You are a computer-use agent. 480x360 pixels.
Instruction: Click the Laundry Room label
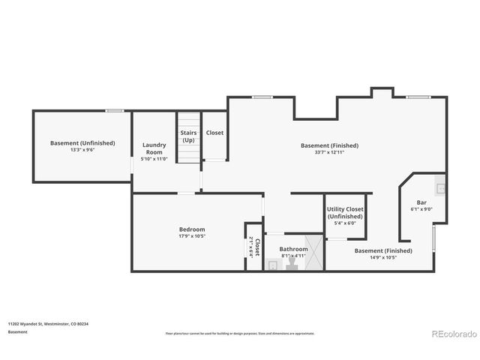click(x=154, y=148)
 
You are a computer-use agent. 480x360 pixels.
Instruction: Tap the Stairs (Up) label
click(x=188, y=136)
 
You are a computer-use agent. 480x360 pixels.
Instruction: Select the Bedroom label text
click(x=191, y=229)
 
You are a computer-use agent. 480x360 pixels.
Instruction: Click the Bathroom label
click(x=293, y=249)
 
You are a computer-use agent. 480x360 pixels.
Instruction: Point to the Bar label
click(x=421, y=202)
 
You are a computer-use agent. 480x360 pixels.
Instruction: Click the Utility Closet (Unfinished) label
click(x=345, y=213)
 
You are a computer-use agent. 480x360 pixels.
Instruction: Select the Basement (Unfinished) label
click(x=82, y=142)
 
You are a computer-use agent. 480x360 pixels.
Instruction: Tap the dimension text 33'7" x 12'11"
click(x=329, y=152)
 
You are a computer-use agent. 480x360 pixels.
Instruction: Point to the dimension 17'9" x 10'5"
click(x=191, y=236)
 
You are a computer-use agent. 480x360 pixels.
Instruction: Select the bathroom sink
click(x=273, y=264)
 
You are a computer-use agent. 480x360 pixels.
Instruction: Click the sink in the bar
click(x=441, y=187)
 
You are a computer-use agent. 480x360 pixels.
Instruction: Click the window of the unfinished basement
click(x=114, y=111)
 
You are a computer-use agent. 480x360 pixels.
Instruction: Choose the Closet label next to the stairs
click(x=214, y=133)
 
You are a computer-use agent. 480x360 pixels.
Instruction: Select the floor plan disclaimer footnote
click(x=240, y=333)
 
